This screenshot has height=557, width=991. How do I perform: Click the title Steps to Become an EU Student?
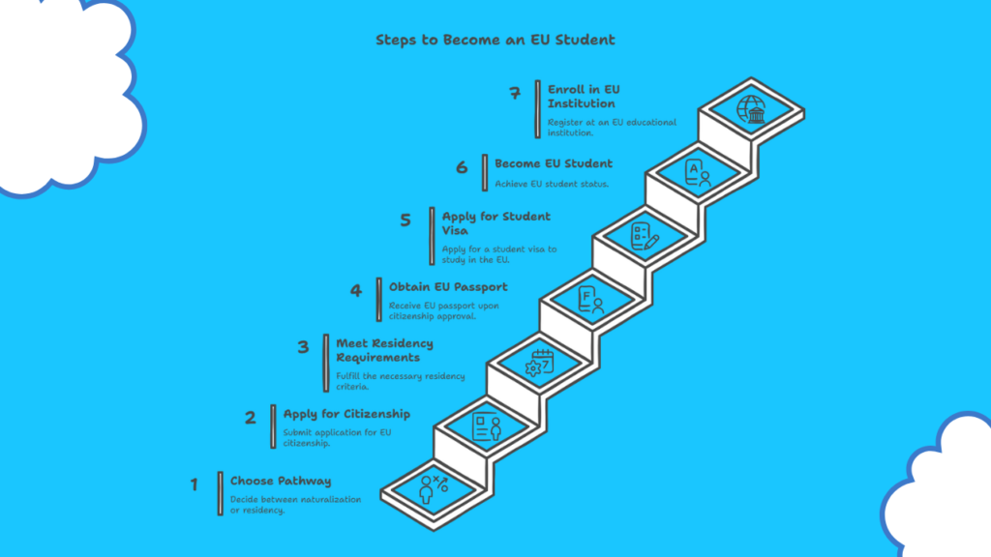pyautogui.click(x=495, y=41)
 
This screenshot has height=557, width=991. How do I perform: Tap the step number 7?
pyautogui.click(x=516, y=94)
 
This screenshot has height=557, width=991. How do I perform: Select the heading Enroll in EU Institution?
pyautogui.click(x=584, y=97)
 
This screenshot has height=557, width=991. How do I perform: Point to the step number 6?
pyautogui.click(x=462, y=167)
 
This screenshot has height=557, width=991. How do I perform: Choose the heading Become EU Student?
pyautogui.click(x=554, y=163)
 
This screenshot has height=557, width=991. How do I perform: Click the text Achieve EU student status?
pyautogui.click(x=552, y=184)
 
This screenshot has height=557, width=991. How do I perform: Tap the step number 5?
pyautogui.click(x=405, y=220)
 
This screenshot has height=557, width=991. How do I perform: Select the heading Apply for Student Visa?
pyautogui.click(x=496, y=222)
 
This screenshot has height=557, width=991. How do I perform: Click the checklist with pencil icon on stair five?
pyautogui.click(x=645, y=236)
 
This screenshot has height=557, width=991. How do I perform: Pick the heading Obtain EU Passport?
pyautogui.click(x=448, y=287)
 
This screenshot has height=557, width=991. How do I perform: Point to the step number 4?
pyautogui.click(x=355, y=290)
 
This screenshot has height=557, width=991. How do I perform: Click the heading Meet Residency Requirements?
pyautogui.click(x=384, y=350)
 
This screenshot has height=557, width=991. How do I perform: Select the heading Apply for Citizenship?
pyautogui.click(x=346, y=414)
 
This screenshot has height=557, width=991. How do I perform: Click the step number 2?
pyautogui.click(x=251, y=418)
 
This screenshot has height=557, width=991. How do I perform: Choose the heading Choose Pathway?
pyautogui.click(x=281, y=481)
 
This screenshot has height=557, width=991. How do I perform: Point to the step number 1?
pyautogui.click(x=194, y=484)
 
